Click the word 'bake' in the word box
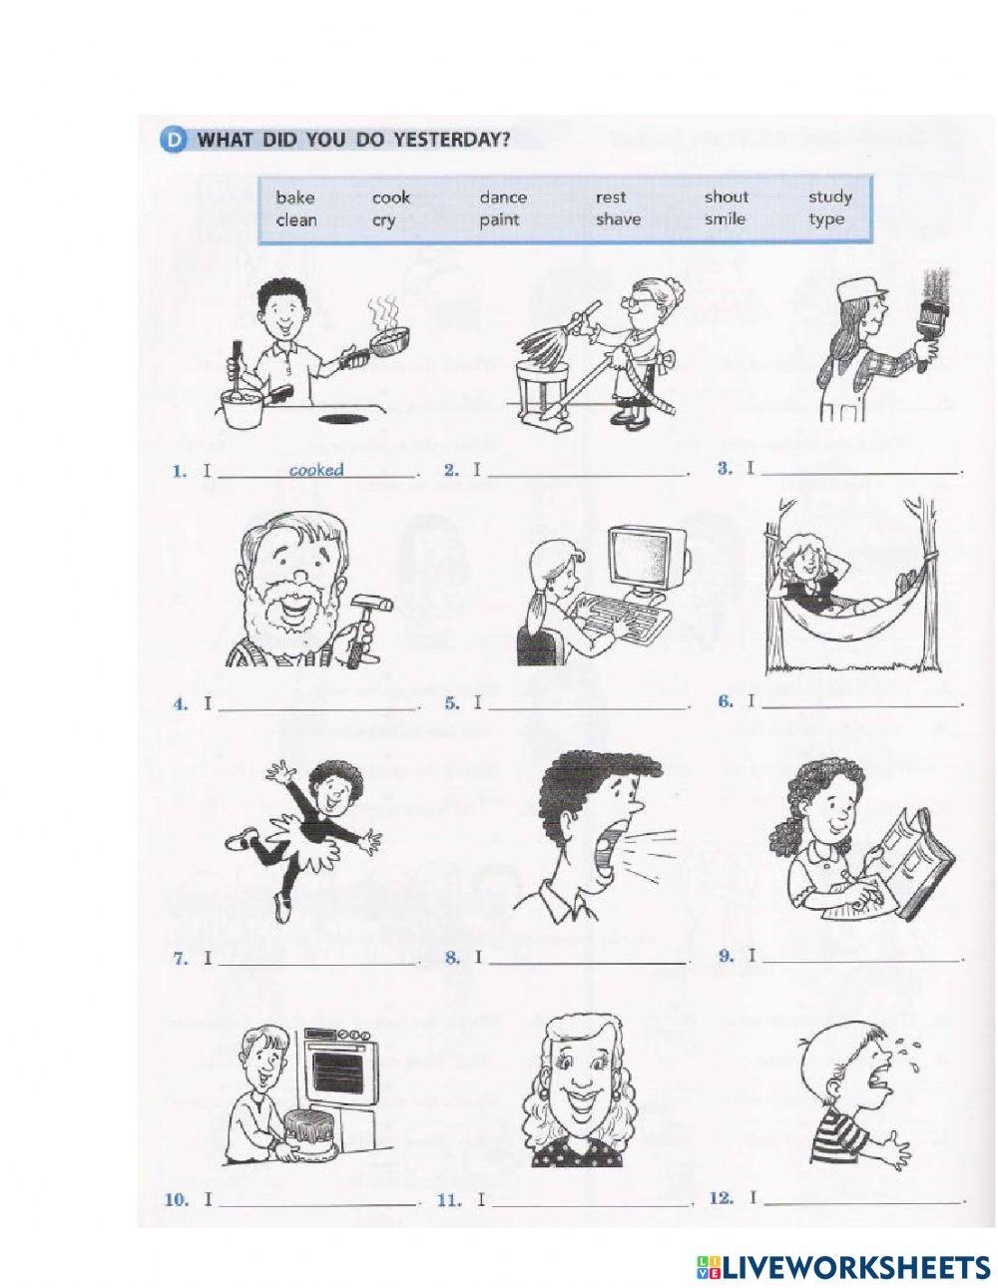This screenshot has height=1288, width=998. (294, 198)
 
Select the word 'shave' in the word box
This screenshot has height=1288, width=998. (618, 219)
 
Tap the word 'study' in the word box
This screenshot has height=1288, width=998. (829, 198)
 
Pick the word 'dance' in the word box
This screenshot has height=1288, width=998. (502, 198)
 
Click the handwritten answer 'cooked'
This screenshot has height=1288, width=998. (315, 470)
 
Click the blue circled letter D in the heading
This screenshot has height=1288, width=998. (171, 140)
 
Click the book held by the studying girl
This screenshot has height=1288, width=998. (910, 860)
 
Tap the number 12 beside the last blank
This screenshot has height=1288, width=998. (720, 1198)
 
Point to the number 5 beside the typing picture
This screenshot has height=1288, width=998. (451, 703)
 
